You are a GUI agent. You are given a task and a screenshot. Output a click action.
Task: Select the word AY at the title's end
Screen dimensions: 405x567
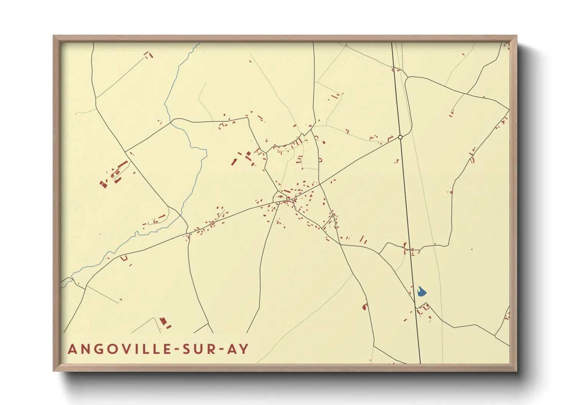pos(238,349)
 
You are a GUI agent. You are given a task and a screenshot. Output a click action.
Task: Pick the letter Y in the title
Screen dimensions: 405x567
pos(244,349)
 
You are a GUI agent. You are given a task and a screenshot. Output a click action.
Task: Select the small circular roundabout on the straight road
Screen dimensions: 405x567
pos(400,137)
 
